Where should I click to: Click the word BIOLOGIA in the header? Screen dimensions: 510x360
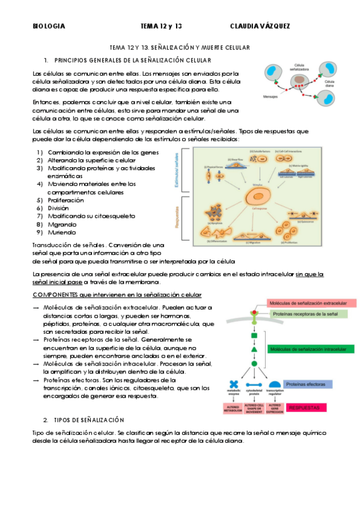tap(49, 26)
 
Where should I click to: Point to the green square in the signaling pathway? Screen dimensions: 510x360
tap(254, 335)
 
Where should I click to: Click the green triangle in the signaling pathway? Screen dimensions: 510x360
tap(254, 349)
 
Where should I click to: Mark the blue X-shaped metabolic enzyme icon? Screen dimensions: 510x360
tap(233, 385)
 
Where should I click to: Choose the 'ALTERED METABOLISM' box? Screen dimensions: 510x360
tap(233, 408)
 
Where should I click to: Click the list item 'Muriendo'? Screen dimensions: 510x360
tap(63, 232)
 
